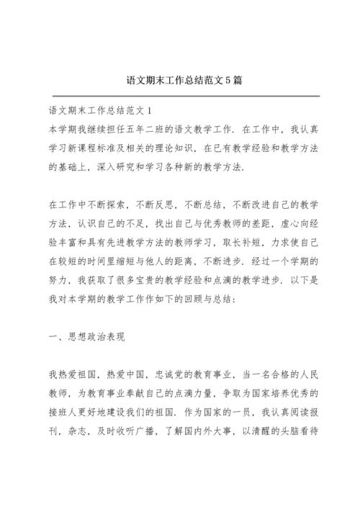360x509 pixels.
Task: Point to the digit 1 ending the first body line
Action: (x=148, y=112)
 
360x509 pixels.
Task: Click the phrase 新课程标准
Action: (x=98, y=148)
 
